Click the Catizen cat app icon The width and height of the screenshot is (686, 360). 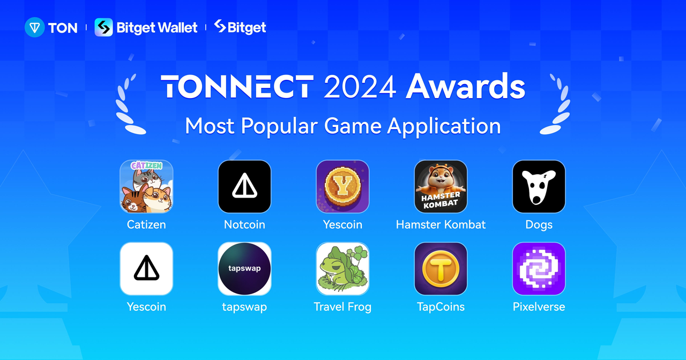click(146, 186)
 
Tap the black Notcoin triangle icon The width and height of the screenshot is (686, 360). click(244, 186)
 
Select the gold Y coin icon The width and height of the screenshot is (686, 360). click(342, 186)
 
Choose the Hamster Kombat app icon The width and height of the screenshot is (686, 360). click(441, 186)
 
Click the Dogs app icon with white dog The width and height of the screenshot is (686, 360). click(539, 186)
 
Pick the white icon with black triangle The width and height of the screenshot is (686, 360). click(146, 268)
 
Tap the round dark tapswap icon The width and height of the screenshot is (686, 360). click(244, 268)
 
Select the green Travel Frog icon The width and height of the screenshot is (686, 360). click(342, 268)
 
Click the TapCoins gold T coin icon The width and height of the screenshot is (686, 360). click(441, 268)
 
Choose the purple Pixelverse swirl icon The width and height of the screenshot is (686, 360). click(539, 268)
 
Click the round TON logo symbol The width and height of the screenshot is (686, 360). click(34, 27)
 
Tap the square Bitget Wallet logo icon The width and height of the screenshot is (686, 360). click(103, 27)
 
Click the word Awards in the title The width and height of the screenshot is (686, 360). click(465, 87)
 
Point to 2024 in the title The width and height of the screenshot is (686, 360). click(359, 87)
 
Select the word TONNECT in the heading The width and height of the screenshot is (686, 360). click(237, 87)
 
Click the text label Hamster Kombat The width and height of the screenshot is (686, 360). click(441, 224)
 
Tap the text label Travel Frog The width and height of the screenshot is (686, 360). click(342, 307)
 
